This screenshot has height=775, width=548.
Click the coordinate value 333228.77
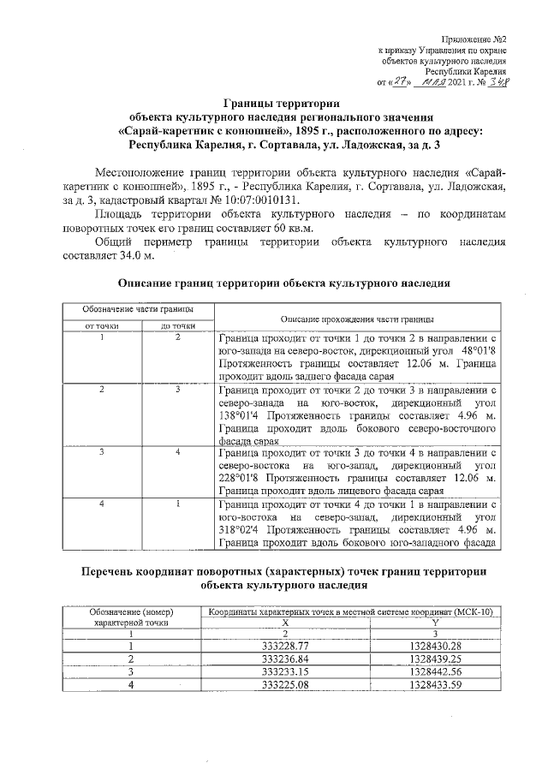[285, 645]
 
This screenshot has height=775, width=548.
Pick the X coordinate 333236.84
[285, 659]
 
